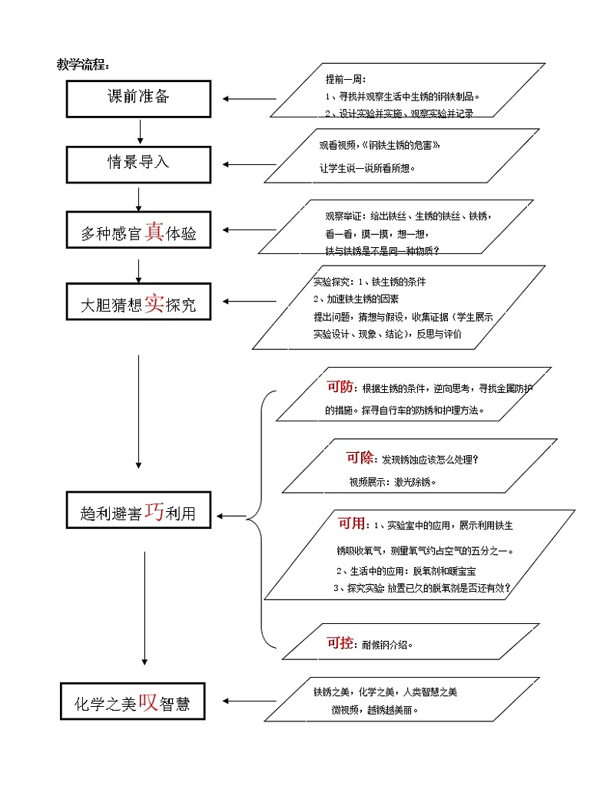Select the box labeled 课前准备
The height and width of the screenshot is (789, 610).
(138, 98)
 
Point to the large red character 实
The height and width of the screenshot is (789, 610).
(154, 303)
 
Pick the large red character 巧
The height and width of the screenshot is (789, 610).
(154, 512)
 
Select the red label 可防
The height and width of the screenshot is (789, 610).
(340, 387)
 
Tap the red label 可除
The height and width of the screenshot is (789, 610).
(359, 458)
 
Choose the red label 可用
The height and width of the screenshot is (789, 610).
(352, 523)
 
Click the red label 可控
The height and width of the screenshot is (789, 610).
(340, 643)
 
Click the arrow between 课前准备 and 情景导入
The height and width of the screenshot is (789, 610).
(139, 130)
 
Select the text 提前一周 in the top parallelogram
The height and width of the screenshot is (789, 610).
(346, 79)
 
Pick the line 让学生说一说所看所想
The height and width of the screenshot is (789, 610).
(367, 167)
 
